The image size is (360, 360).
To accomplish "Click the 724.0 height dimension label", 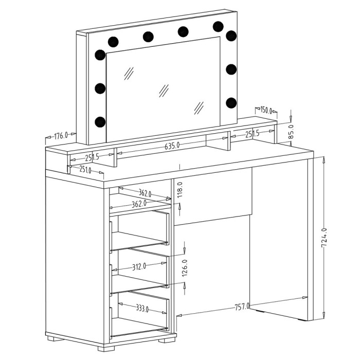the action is pyautogui.click(x=324, y=238).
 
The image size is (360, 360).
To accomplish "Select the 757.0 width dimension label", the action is pyautogui.click(x=242, y=307).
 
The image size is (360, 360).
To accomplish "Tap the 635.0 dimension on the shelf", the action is pyautogui.click(x=172, y=146).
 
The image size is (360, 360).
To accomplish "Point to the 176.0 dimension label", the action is pyautogui.click(x=61, y=136).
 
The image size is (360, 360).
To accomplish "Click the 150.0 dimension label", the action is pyautogui.click(x=266, y=110).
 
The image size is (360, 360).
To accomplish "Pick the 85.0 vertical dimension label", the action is pyautogui.click(x=291, y=132).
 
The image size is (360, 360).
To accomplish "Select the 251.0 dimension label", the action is pyautogui.click(x=85, y=169).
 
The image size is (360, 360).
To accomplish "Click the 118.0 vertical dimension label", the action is pyautogui.click(x=180, y=190).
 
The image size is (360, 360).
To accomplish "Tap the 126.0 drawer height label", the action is pyautogui.click(x=185, y=268).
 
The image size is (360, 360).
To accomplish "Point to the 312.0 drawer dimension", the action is pyautogui.click(x=139, y=267).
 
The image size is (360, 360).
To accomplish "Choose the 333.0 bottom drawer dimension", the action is pyautogui.click(x=142, y=308).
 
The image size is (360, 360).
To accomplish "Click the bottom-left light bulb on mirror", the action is pyautogui.click(x=100, y=122).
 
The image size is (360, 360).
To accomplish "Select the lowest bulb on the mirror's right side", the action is pyautogui.click(x=231, y=103).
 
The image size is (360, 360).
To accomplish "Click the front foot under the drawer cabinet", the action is pyautogui.click(x=106, y=349).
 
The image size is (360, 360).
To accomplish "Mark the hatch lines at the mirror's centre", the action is pyautogui.click(x=164, y=91).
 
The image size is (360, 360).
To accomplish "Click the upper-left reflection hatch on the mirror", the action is pyautogui.click(x=129, y=74).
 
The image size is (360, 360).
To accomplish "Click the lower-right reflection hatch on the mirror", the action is pyautogui.click(x=199, y=108).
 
